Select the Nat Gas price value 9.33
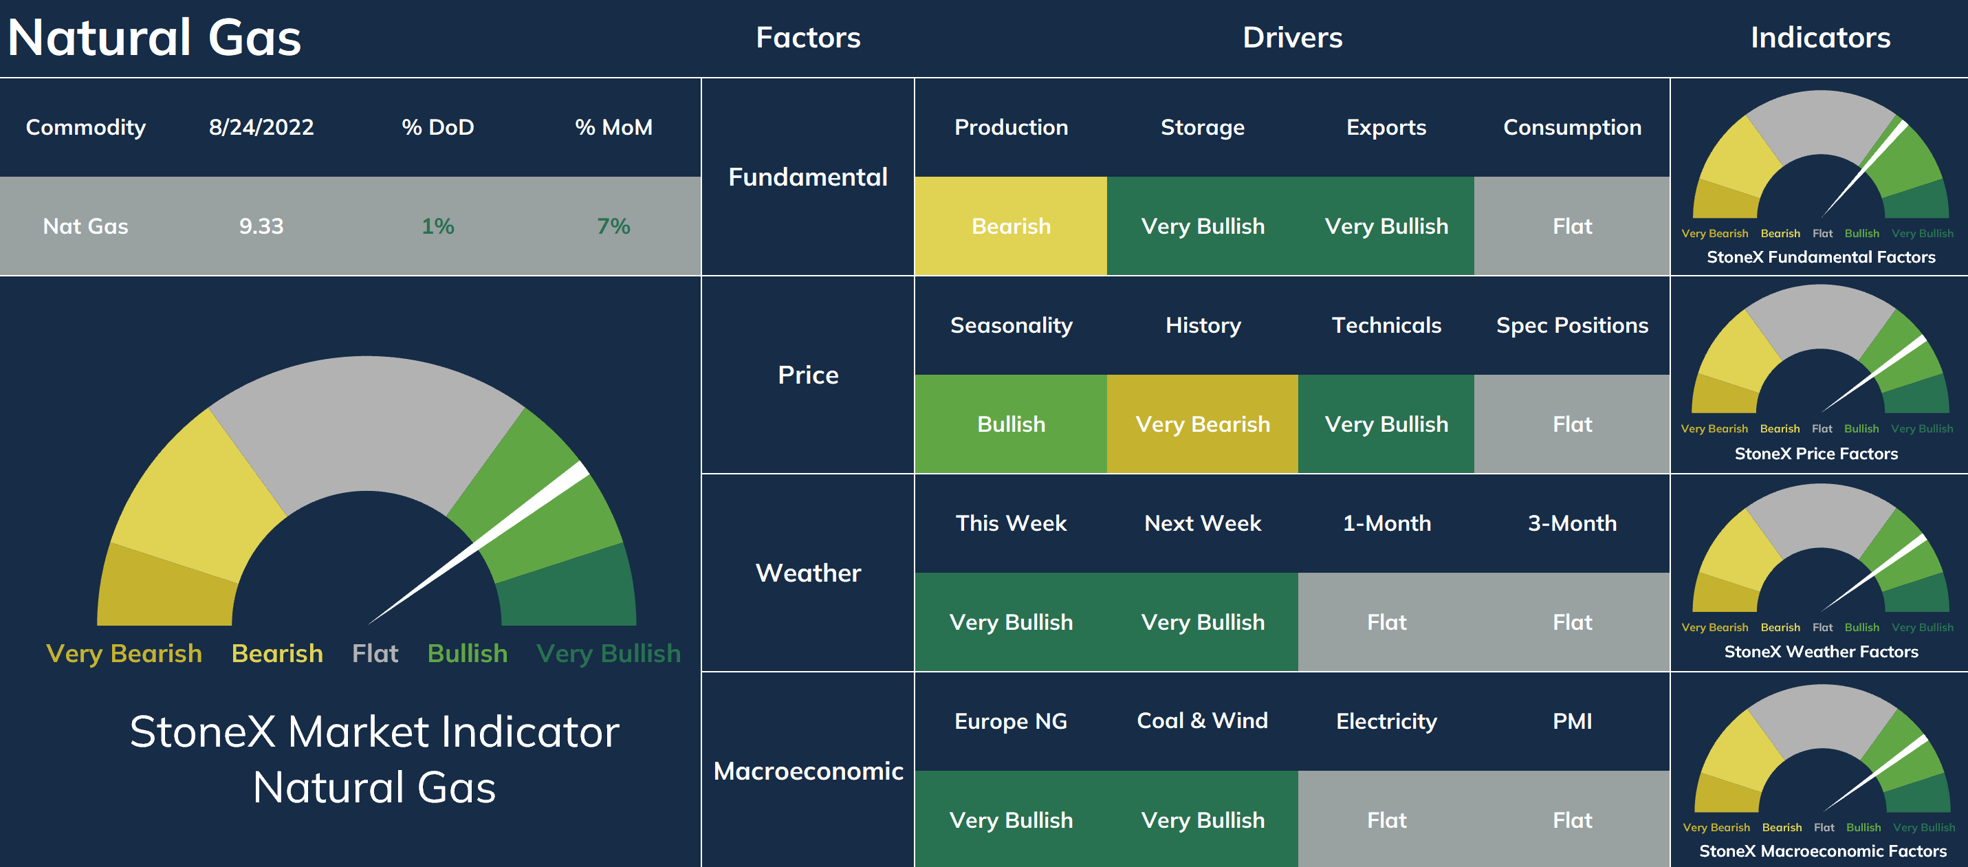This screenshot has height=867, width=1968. coord(261,226)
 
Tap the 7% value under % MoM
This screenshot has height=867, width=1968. coord(613,226)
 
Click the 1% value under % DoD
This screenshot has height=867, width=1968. coord(438,226)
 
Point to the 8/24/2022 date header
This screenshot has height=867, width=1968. coord(261,127)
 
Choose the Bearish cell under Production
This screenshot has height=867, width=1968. coord(1011,226)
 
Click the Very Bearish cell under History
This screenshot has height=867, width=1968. coord(1203,424)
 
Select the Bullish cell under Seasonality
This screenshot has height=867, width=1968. coord(1011,424)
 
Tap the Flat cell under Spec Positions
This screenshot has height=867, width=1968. coord(1572,424)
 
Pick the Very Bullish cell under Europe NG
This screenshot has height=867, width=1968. coord(1011,820)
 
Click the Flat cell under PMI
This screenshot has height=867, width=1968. coord(1572,820)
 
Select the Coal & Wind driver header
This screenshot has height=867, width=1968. coord(1203,721)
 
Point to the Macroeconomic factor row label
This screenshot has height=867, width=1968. coord(808,771)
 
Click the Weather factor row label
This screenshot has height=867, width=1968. coord(808,573)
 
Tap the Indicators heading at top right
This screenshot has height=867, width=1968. coord(1821,37)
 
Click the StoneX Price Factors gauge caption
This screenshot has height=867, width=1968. coord(1816,454)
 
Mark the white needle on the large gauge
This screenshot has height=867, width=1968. coord(479,542)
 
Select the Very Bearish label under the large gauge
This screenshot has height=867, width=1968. coord(124,654)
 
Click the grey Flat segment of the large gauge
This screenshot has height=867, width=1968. coord(367,420)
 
